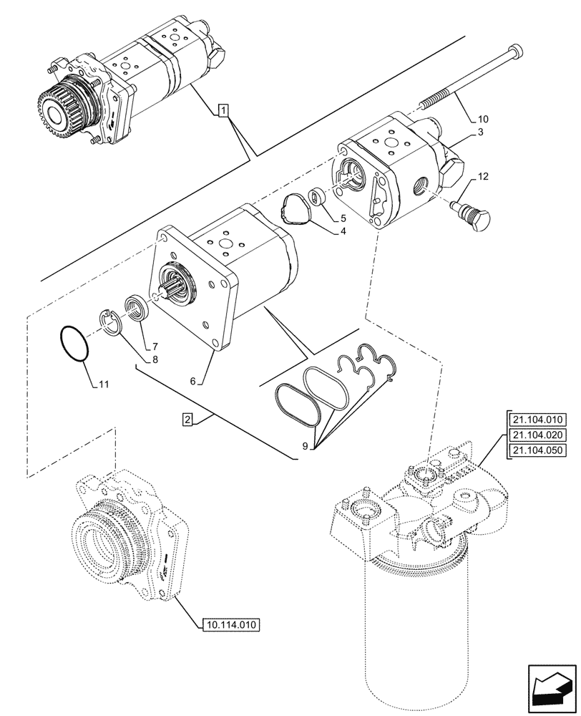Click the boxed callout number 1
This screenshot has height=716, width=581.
tap(224, 110)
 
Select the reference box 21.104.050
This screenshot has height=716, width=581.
tap(537, 450)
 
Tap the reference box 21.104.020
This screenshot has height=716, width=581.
tap(537, 435)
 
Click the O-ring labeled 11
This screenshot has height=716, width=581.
tap(74, 343)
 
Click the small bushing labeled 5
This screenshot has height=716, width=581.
tap(316, 195)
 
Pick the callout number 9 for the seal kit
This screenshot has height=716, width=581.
tap(305, 446)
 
